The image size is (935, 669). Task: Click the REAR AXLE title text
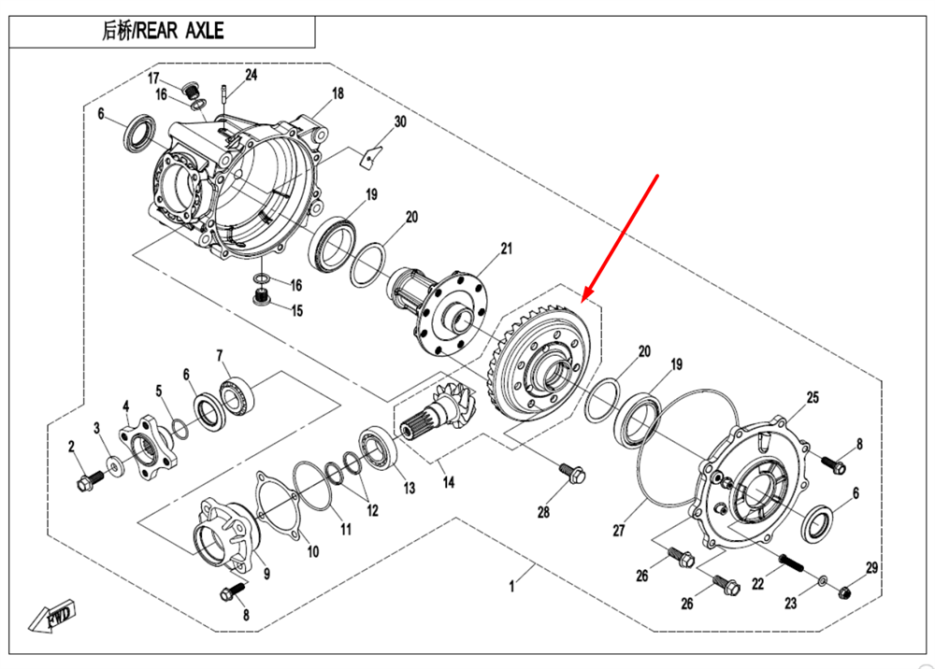pos(164,31)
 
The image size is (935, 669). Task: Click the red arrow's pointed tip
pos(583,300)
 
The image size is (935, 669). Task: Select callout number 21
pos(507,249)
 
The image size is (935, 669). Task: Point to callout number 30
pos(400,122)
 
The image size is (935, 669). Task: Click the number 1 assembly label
pos(511,587)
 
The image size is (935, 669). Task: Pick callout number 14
pos(449,483)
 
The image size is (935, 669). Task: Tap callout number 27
pos(618,531)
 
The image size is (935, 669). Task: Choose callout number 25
pos(813,398)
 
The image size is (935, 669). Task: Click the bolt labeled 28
pos(571,472)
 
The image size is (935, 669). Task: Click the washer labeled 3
pos(114,464)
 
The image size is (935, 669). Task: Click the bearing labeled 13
pos(380,445)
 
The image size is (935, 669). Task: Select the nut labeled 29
pos(845,591)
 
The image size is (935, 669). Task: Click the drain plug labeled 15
pos(262,298)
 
